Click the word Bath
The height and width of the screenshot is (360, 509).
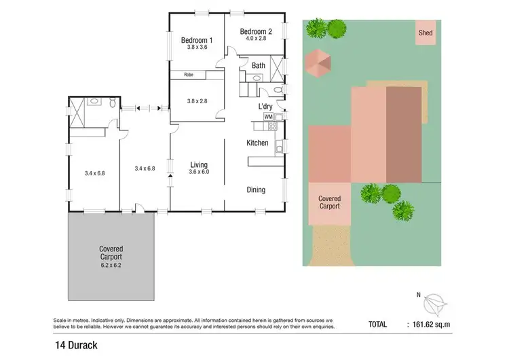pyautogui.click(x=259, y=66)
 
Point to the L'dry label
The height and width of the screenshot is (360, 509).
pyautogui.click(x=265, y=107)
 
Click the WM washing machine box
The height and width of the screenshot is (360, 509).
pyautogui.click(x=268, y=117)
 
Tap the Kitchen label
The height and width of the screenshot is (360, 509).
pyautogui.click(x=257, y=143)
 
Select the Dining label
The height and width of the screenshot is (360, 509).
pyautogui.click(x=256, y=190)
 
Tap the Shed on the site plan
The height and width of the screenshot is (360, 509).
pyautogui.click(x=426, y=33)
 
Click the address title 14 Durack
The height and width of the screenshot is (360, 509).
pyautogui.click(x=77, y=345)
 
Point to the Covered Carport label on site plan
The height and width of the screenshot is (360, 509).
pyautogui.click(x=329, y=202)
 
